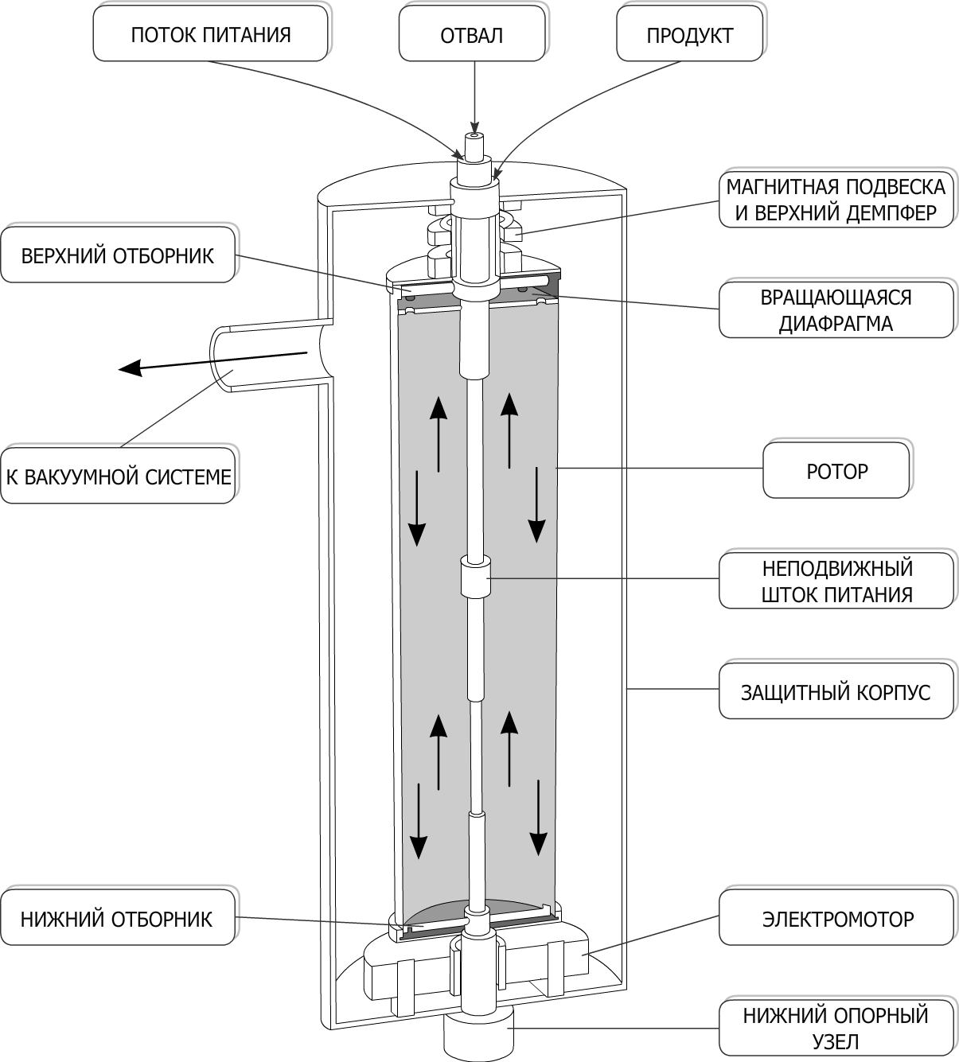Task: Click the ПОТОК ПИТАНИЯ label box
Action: coord(211,35)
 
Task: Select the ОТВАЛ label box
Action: coord(472,35)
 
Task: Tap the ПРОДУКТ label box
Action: coord(689,35)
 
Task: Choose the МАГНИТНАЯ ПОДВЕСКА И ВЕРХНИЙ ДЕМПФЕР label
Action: coord(836,200)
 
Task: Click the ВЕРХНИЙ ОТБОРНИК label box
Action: coord(118,255)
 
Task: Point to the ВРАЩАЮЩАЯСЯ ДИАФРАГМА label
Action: coord(836,310)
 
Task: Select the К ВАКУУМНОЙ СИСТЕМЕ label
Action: coord(119,477)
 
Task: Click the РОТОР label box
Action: coord(836,471)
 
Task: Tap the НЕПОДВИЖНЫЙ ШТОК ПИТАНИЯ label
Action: coord(836,582)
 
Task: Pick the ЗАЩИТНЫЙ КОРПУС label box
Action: coord(836,691)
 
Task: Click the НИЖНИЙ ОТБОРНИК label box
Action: coord(117,919)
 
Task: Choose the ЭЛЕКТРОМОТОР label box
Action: coord(837,919)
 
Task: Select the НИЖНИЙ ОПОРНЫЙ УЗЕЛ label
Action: coord(836,1028)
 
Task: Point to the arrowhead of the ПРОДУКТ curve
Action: coord(497,171)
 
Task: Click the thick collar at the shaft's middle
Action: coord(476,577)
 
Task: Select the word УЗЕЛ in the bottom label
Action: coord(836,1041)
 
